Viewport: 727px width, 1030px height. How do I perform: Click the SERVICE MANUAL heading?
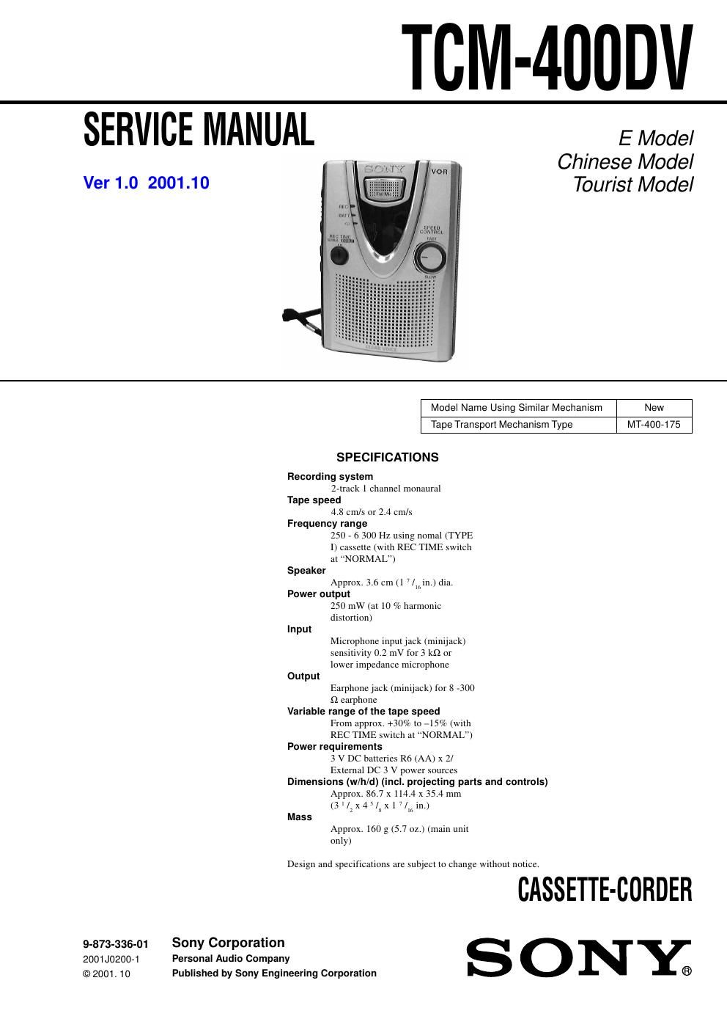(x=199, y=130)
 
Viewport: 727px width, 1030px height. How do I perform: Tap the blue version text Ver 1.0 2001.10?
(x=147, y=183)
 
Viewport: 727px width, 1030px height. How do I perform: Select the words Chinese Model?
(x=624, y=161)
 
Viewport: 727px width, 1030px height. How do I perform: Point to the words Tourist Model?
(x=632, y=185)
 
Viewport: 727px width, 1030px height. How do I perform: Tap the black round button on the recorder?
(x=339, y=255)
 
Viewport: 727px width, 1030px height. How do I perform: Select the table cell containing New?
(x=654, y=408)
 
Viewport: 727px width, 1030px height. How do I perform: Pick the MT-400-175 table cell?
(x=654, y=425)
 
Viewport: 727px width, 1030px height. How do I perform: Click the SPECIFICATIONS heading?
(x=387, y=458)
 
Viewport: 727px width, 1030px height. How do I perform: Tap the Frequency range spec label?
(x=327, y=524)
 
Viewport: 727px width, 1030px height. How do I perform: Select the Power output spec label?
(x=319, y=594)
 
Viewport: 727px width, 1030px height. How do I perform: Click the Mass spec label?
(x=300, y=817)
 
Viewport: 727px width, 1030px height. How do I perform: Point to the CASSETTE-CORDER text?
(x=605, y=891)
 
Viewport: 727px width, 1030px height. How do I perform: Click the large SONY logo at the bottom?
(x=579, y=957)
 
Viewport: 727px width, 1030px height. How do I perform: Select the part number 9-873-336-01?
(x=116, y=944)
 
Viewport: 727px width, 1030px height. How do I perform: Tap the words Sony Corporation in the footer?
(x=228, y=943)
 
